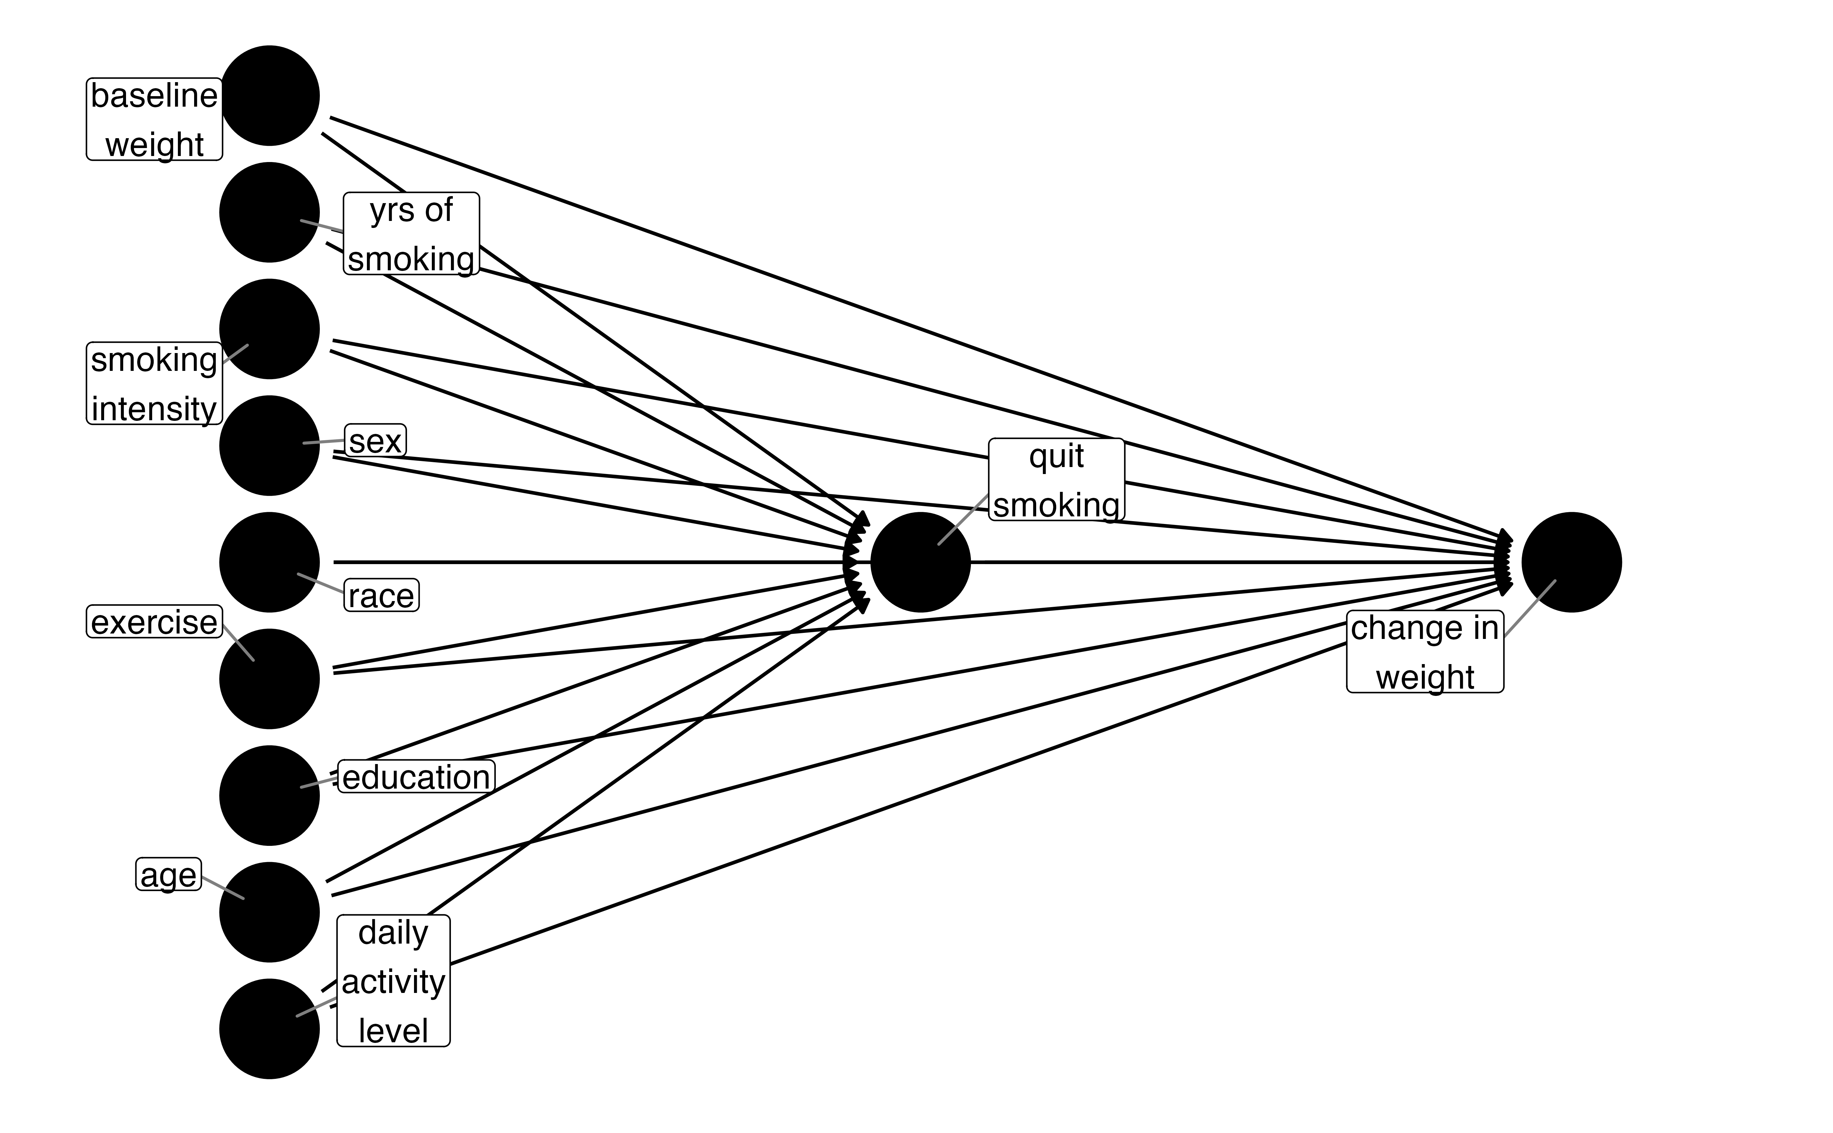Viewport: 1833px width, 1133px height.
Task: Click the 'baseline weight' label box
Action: tap(154, 119)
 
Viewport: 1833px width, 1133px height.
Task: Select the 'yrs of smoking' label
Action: tap(411, 234)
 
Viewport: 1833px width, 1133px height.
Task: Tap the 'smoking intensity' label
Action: tap(154, 384)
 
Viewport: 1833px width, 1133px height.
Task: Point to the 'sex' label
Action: tap(375, 441)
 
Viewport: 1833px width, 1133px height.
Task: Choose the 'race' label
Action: tap(381, 596)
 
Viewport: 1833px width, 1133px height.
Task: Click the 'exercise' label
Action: tap(154, 622)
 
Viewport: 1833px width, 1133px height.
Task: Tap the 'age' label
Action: tap(169, 875)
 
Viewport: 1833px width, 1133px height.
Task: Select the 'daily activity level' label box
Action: tap(393, 981)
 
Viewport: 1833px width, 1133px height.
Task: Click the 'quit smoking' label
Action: tap(1056, 479)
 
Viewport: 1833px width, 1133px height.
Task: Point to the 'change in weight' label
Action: tap(1425, 652)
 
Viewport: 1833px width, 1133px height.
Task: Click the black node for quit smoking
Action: tap(921, 562)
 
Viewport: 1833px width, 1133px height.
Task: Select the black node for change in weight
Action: tap(1571, 562)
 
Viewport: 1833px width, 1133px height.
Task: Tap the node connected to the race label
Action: tap(270, 562)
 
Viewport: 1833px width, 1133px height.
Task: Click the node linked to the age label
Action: tap(270, 912)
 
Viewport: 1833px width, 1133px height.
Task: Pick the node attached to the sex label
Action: tap(270, 446)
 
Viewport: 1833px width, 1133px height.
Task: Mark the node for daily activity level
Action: tap(270, 1029)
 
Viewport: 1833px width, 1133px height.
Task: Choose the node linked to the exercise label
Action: tap(270, 679)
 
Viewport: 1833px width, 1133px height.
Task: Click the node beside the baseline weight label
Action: tap(270, 96)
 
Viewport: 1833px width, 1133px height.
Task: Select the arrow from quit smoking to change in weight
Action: tap(1236, 562)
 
